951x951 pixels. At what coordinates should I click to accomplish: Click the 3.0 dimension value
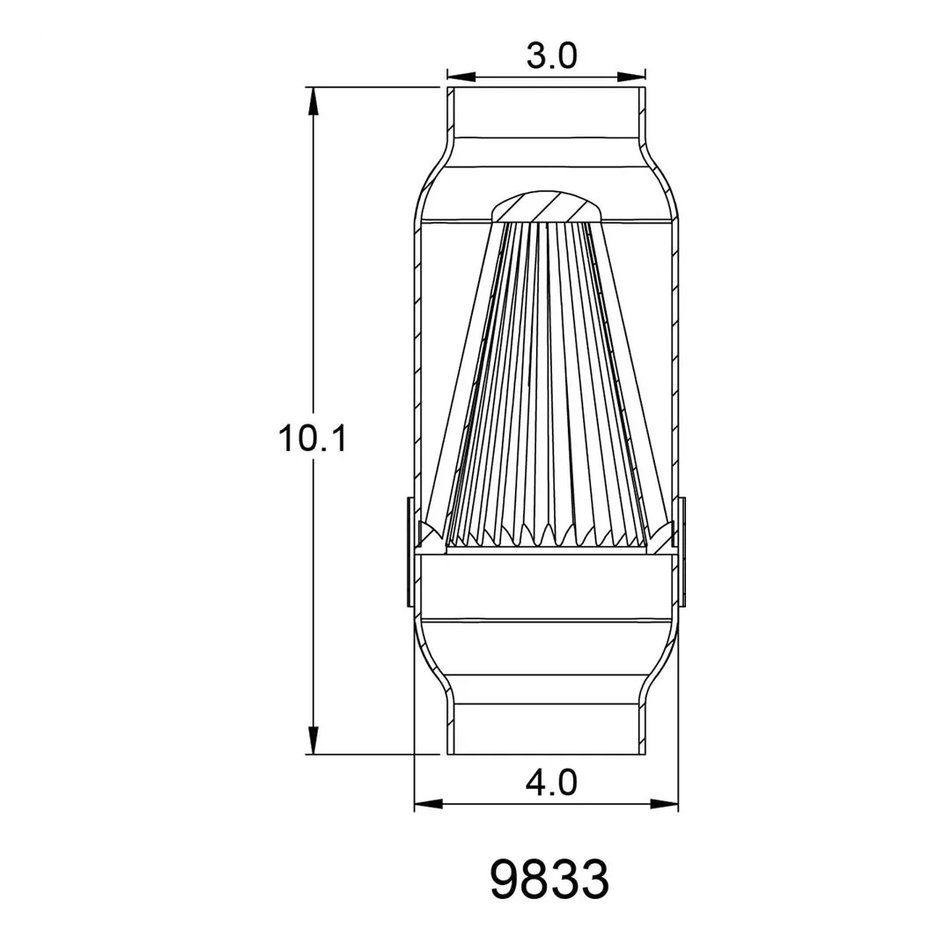pos(551,56)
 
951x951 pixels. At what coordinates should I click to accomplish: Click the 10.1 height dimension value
pos(313,439)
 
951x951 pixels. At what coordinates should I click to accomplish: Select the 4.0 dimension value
pos(551,783)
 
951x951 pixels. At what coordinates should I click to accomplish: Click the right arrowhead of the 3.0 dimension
pos(631,77)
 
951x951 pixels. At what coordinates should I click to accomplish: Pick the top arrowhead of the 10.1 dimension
pos(313,101)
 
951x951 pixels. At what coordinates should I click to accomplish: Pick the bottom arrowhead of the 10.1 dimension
pos(313,741)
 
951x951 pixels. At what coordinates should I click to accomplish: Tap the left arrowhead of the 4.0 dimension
pos(428,804)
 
